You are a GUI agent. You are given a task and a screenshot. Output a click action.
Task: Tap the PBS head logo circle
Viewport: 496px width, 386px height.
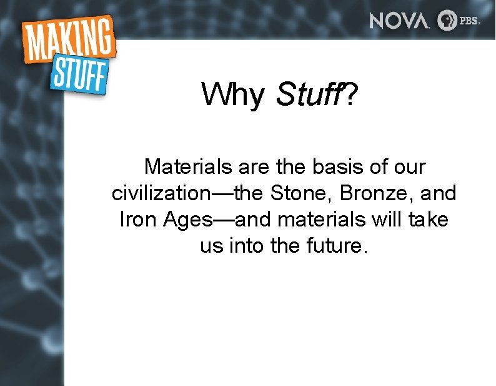point(447,20)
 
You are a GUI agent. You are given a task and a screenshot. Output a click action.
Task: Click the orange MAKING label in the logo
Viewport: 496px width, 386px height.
point(69,40)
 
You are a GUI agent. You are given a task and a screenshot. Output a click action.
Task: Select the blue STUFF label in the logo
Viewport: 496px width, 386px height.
point(79,74)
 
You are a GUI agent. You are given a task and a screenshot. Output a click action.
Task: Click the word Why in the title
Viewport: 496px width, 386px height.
point(232,95)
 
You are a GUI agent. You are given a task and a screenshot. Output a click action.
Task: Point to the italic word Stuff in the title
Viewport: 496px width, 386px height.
point(307,95)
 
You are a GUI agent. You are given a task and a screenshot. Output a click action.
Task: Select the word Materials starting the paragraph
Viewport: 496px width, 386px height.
point(181,167)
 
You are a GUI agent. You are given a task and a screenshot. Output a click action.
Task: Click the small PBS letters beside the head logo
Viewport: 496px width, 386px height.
point(469,21)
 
